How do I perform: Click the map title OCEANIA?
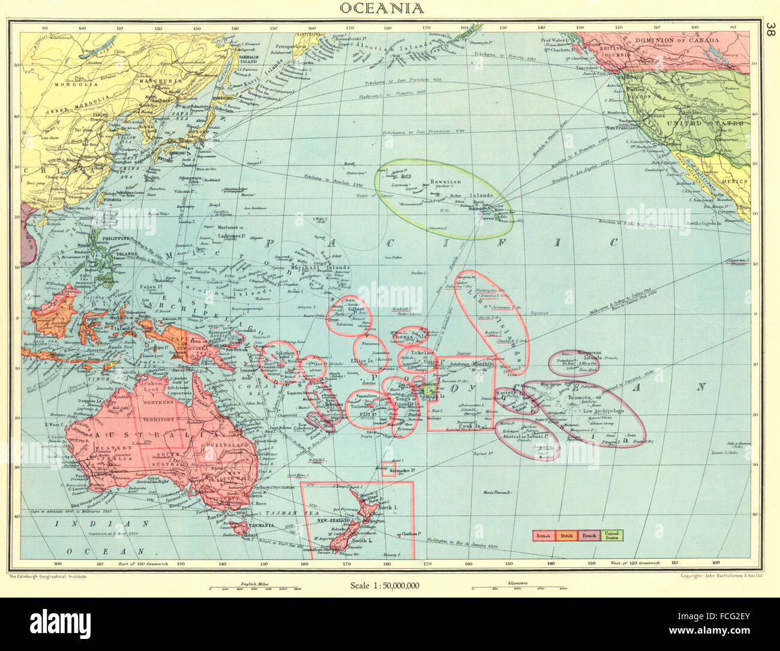pyautogui.click(x=382, y=8)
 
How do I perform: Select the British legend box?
pyautogui.click(x=543, y=535)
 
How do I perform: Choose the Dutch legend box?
pyautogui.click(x=565, y=535)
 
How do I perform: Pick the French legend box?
pyautogui.click(x=589, y=535)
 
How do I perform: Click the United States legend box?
pyautogui.click(x=611, y=535)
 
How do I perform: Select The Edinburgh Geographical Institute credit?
pyautogui.click(x=48, y=576)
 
